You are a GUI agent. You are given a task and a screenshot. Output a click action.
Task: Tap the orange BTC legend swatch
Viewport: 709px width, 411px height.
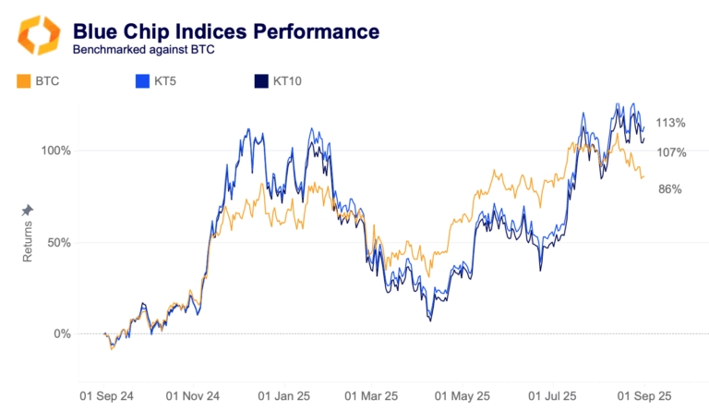[x=23, y=82]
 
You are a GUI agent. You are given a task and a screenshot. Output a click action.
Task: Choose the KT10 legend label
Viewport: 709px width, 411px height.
[x=287, y=82]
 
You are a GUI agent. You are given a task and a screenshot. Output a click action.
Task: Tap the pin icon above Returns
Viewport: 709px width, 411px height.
[x=27, y=211]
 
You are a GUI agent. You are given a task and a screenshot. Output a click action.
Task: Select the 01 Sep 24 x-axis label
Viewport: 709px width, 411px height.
[x=106, y=395]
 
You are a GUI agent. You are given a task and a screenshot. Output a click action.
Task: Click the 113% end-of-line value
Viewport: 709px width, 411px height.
[x=670, y=123]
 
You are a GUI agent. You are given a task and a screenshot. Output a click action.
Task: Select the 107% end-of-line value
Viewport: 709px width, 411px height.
[x=670, y=152]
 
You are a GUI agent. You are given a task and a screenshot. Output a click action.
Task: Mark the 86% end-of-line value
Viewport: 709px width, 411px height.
[x=670, y=189]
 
